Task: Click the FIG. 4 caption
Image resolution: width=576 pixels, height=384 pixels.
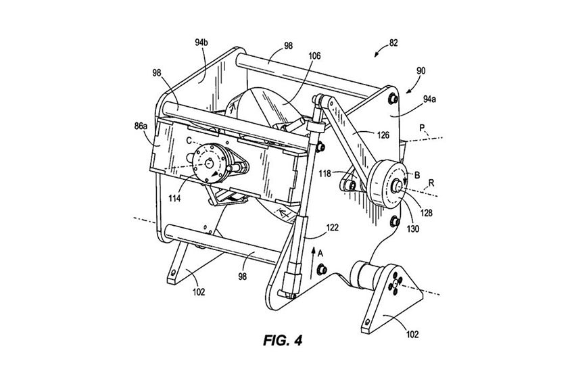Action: (283, 341)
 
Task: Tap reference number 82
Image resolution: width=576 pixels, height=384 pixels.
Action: (393, 43)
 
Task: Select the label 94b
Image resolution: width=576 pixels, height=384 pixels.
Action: (201, 43)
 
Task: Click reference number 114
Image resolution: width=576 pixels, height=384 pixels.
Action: (174, 199)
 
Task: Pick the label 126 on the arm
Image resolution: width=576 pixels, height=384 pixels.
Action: (383, 136)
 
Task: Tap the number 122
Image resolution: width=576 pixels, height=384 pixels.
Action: (332, 229)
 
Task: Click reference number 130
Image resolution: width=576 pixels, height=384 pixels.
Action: (413, 229)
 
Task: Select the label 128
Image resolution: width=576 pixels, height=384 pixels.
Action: (426, 212)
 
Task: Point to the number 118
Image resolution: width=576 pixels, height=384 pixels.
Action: (325, 174)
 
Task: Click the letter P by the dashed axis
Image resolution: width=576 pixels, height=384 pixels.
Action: (423, 128)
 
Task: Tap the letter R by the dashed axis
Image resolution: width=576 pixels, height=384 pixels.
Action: (431, 183)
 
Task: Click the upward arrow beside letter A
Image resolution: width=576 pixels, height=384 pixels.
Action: (313, 262)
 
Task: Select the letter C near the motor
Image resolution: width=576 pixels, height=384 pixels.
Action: (189, 141)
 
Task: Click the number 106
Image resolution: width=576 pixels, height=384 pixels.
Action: (314, 56)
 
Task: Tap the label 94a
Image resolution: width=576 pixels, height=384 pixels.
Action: (429, 99)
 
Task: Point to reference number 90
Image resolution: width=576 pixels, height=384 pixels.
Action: (421, 70)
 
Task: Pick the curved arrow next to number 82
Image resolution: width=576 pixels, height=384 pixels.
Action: (381, 50)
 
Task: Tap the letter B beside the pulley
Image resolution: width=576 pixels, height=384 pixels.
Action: (417, 175)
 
